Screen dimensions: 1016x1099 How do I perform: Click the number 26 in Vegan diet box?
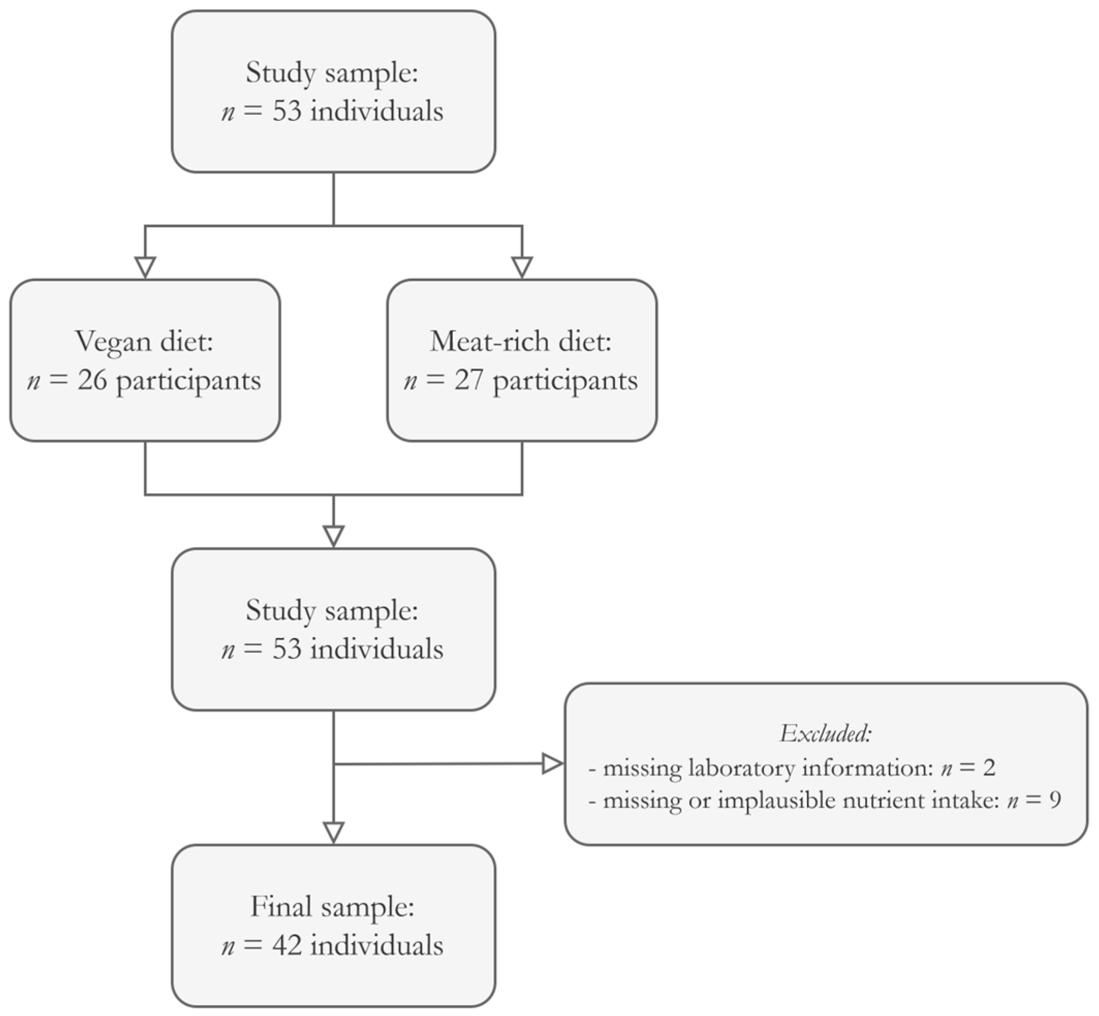tap(92, 380)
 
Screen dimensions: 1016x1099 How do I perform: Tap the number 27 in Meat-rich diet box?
tap(468, 380)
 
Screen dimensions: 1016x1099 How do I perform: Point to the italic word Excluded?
tap(825, 734)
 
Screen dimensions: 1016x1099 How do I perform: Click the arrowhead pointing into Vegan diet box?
tap(145, 268)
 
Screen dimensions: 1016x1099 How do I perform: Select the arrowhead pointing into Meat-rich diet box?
tap(522, 268)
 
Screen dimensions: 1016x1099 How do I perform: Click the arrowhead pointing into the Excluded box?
tap(552, 764)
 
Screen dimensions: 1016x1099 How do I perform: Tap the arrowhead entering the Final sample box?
tap(334, 832)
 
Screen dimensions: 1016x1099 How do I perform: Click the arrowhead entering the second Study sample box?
tap(334, 536)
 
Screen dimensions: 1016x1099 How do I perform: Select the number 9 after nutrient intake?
tap(1055, 800)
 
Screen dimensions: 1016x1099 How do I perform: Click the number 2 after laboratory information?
tap(989, 768)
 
